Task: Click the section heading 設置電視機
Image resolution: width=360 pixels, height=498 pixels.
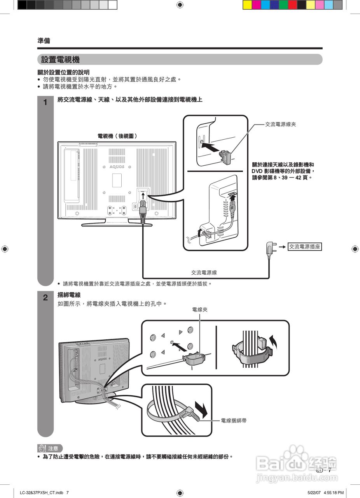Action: pos(60,60)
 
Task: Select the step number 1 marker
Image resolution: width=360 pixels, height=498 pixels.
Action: pos(45,103)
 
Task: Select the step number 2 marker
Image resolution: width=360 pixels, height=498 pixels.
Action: pos(45,298)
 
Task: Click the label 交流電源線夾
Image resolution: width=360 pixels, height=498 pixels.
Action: pos(281,124)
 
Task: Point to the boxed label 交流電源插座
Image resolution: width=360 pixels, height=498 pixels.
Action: pos(305,247)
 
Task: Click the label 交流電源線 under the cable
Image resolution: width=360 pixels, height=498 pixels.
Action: pos(204,273)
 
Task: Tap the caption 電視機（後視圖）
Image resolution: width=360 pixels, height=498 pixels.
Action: pos(117,136)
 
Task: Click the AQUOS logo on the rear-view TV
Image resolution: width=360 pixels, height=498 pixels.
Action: pos(117,167)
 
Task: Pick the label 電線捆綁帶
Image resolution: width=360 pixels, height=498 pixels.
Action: pos(234,421)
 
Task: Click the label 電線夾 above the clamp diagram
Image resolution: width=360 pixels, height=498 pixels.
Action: pos(200,310)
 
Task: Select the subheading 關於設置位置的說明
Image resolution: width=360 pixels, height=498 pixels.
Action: pos(63,72)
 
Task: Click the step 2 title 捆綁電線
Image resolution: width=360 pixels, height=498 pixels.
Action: pos(69,295)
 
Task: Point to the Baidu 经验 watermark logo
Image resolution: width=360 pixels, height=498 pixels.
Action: pos(297,463)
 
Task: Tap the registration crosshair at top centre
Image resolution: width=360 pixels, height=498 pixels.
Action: pos(180,5)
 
